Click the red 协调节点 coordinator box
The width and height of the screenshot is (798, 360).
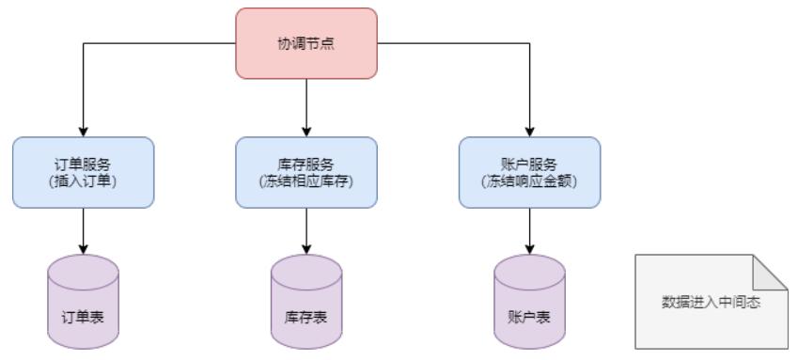(x=305, y=43)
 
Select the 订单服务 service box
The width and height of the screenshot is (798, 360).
(x=84, y=172)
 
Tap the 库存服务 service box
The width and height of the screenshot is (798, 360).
(x=306, y=172)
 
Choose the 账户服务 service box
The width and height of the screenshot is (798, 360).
(x=529, y=172)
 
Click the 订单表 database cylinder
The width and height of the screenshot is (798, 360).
(x=84, y=301)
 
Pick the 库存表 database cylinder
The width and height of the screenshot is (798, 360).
(x=306, y=301)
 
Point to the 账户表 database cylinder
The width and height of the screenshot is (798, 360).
(x=529, y=301)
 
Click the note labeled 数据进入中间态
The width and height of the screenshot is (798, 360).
(x=710, y=304)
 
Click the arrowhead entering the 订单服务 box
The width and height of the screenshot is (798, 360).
(x=84, y=132)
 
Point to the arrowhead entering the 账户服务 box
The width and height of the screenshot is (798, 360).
(x=529, y=132)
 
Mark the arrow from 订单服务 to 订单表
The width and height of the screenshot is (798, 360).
(x=84, y=230)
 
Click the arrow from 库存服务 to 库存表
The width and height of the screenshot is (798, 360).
(x=306, y=230)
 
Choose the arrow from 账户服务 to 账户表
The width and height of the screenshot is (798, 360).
(x=529, y=230)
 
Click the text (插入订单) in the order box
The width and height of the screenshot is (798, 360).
(x=84, y=180)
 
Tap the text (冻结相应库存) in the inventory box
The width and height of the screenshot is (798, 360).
(x=306, y=180)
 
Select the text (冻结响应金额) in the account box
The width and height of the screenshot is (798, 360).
(x=529, y=180)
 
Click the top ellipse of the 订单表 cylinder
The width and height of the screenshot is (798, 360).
(x=84, y=266)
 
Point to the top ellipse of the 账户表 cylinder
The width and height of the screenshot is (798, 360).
(x=529, y=266)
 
